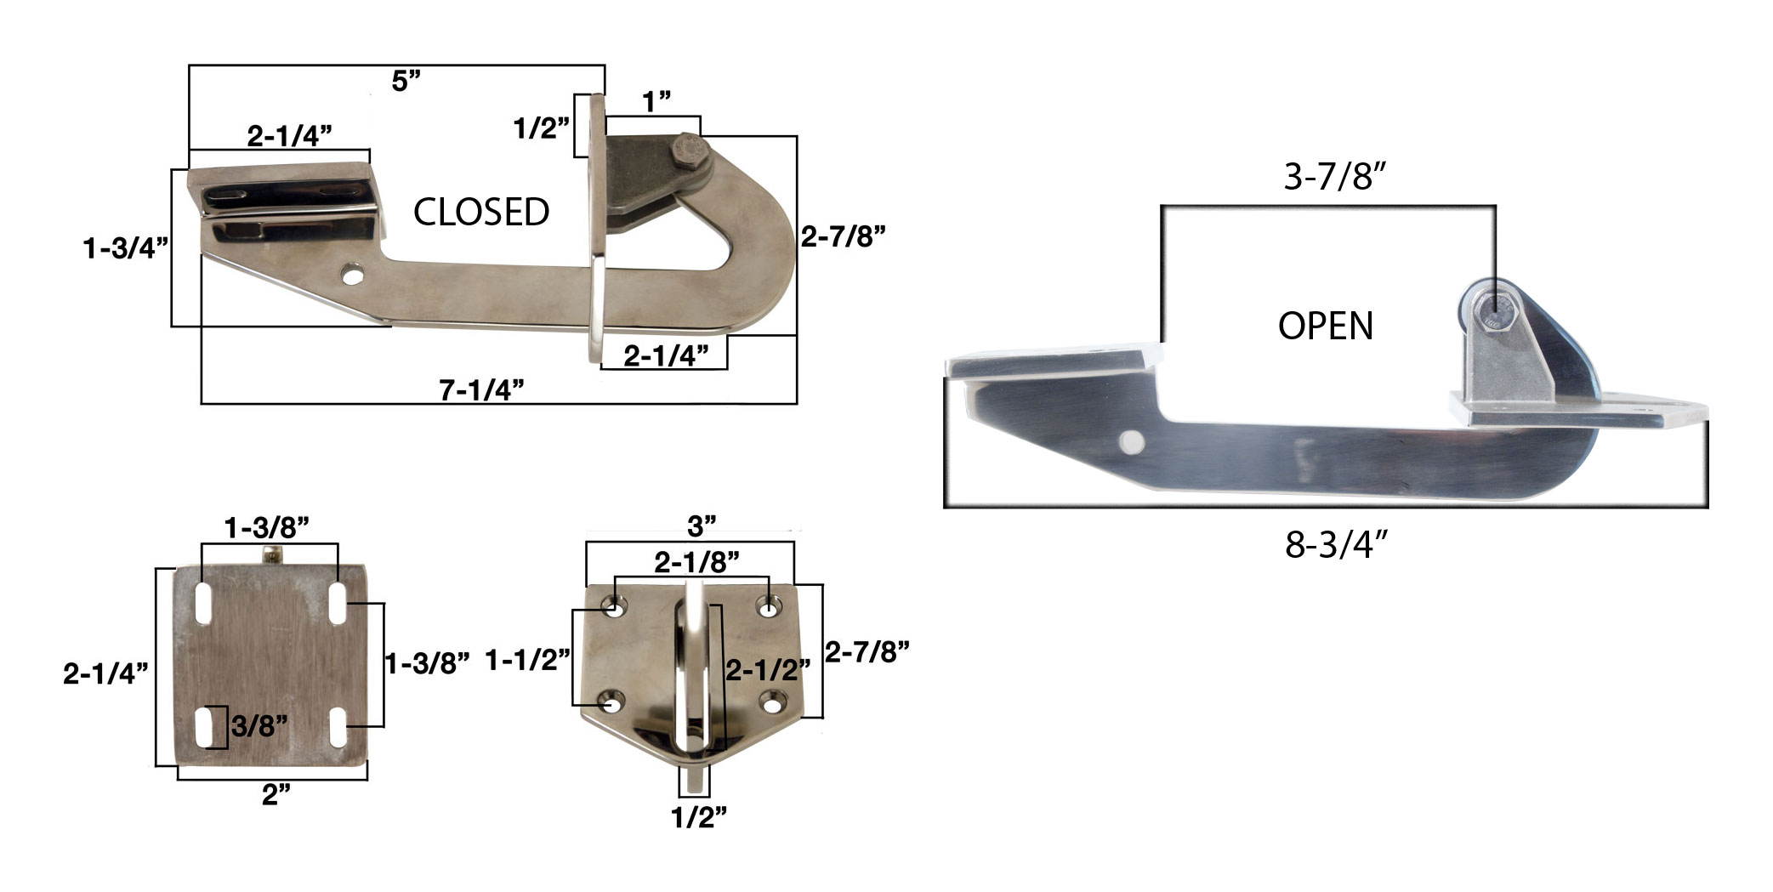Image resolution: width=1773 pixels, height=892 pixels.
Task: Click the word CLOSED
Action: tap(481, 213)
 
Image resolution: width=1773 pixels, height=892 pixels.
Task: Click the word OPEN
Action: tap(1325, 327)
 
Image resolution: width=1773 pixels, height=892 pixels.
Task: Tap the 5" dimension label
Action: tap(406, 82)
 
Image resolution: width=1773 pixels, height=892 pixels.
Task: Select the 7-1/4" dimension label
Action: tap(481, 390)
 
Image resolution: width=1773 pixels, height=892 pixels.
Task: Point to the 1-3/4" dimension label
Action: tap(126, 248)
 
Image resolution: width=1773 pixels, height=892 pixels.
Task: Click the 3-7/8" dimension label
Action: tap(1334, 177)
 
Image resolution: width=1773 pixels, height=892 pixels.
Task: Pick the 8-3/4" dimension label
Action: tap(1336, 545)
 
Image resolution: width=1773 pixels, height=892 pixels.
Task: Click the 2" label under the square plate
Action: tap(276, 796)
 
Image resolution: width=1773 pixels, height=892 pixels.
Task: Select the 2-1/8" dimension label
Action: tap(696, 562)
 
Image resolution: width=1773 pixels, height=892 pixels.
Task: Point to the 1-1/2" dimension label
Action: tap(527, 659)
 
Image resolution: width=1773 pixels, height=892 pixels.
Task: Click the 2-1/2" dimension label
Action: tap(767, 670)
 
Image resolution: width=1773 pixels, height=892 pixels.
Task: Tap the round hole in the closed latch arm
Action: tap(350, 276)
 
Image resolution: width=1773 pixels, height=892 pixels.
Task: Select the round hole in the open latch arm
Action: tap(1130, 440)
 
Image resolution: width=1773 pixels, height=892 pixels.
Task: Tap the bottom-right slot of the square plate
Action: tap(338, 727)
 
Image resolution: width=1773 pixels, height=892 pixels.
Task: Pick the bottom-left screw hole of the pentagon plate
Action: tap(611, 703)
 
